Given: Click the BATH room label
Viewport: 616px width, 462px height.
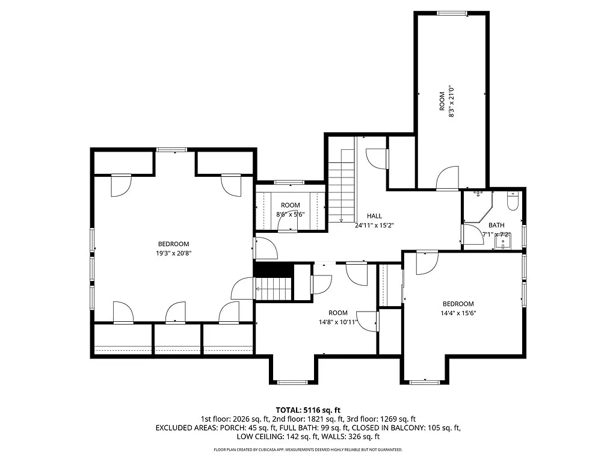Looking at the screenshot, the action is (x=496, y=225).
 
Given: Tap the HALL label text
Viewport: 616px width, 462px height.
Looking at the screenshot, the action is (x=374, y=216).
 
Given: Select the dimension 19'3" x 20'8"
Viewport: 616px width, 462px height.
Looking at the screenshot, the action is (x=174, y=253).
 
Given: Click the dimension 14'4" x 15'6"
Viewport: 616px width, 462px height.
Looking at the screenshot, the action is (x=458, y=313).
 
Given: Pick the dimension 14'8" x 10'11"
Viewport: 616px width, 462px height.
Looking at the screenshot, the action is (x=338, y=322).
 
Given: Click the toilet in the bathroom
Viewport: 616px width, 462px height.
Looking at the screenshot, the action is (x=513, y=201).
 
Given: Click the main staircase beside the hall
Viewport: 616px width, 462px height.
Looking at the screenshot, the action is (x=342, y=185).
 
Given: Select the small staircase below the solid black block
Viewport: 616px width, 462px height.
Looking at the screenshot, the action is (x=274, y=289).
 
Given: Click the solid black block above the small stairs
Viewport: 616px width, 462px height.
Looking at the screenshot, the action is (x=274, y=269).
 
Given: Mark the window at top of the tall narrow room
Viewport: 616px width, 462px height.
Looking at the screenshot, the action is (x=452, y=13).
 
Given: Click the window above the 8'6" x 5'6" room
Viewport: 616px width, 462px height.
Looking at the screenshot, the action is (x=289, y=182).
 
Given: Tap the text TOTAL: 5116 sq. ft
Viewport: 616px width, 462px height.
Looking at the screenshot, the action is (x=308, y=410).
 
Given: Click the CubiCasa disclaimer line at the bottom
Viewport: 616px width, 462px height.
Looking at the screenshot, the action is (x=308, y=449).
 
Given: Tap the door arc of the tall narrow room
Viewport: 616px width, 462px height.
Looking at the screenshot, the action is (x=448, y=177).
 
